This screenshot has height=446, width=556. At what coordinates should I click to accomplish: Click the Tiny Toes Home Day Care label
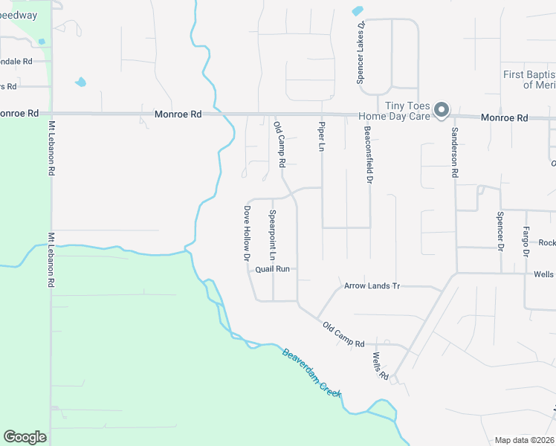pos(393,111)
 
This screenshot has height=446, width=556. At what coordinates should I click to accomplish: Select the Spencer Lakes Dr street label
pos(361,51)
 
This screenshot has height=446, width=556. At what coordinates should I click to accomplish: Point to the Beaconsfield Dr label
pos(368,153)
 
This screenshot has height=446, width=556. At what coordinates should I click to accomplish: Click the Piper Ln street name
pos(322,137)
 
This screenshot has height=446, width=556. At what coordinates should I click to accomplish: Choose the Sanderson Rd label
pos(453,152)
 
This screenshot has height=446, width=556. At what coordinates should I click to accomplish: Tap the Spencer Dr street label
pos(500,230)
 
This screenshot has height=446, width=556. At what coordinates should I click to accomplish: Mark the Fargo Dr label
pos(526,241)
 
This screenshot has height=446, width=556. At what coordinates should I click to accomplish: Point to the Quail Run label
pos(272,269)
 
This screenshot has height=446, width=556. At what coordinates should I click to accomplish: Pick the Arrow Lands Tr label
pos(372,285)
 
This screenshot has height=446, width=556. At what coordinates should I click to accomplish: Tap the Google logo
pos(25,437)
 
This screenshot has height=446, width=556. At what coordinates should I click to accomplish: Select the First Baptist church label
pos(528,80)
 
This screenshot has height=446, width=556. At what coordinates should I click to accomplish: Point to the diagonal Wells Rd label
pos(382,366)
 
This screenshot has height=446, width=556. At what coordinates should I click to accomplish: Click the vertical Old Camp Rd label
pos(279,144)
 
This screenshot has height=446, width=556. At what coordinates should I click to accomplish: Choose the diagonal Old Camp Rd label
pos(343,334)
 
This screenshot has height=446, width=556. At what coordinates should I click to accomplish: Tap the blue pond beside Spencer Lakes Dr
pos(358,11)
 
